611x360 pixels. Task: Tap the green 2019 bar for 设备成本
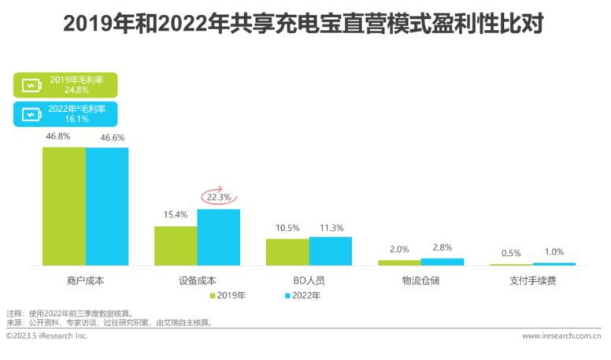click(x=176, y=246)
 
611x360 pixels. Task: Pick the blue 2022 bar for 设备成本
click(x=219, y=237)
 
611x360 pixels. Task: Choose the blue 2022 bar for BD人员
click(x=331, y=251)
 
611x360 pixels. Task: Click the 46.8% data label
click(x=58, y=136)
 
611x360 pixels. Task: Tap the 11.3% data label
click(x=331, y=228)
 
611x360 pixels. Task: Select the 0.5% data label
click(x=510, y=253)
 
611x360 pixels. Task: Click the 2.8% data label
click(x=443, y=248)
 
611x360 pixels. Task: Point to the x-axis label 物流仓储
click(x=420, y=280)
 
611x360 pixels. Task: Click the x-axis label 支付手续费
click(x=532, y=280)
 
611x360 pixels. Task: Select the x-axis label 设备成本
click(x=198, y=280)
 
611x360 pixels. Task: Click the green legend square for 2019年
click(x=213, y=296)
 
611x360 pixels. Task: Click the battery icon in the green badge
click(x=29, y=85)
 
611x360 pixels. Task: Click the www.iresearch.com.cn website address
click(x=561, y=336)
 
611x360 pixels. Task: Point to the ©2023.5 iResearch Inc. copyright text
click(x=46, y=336)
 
